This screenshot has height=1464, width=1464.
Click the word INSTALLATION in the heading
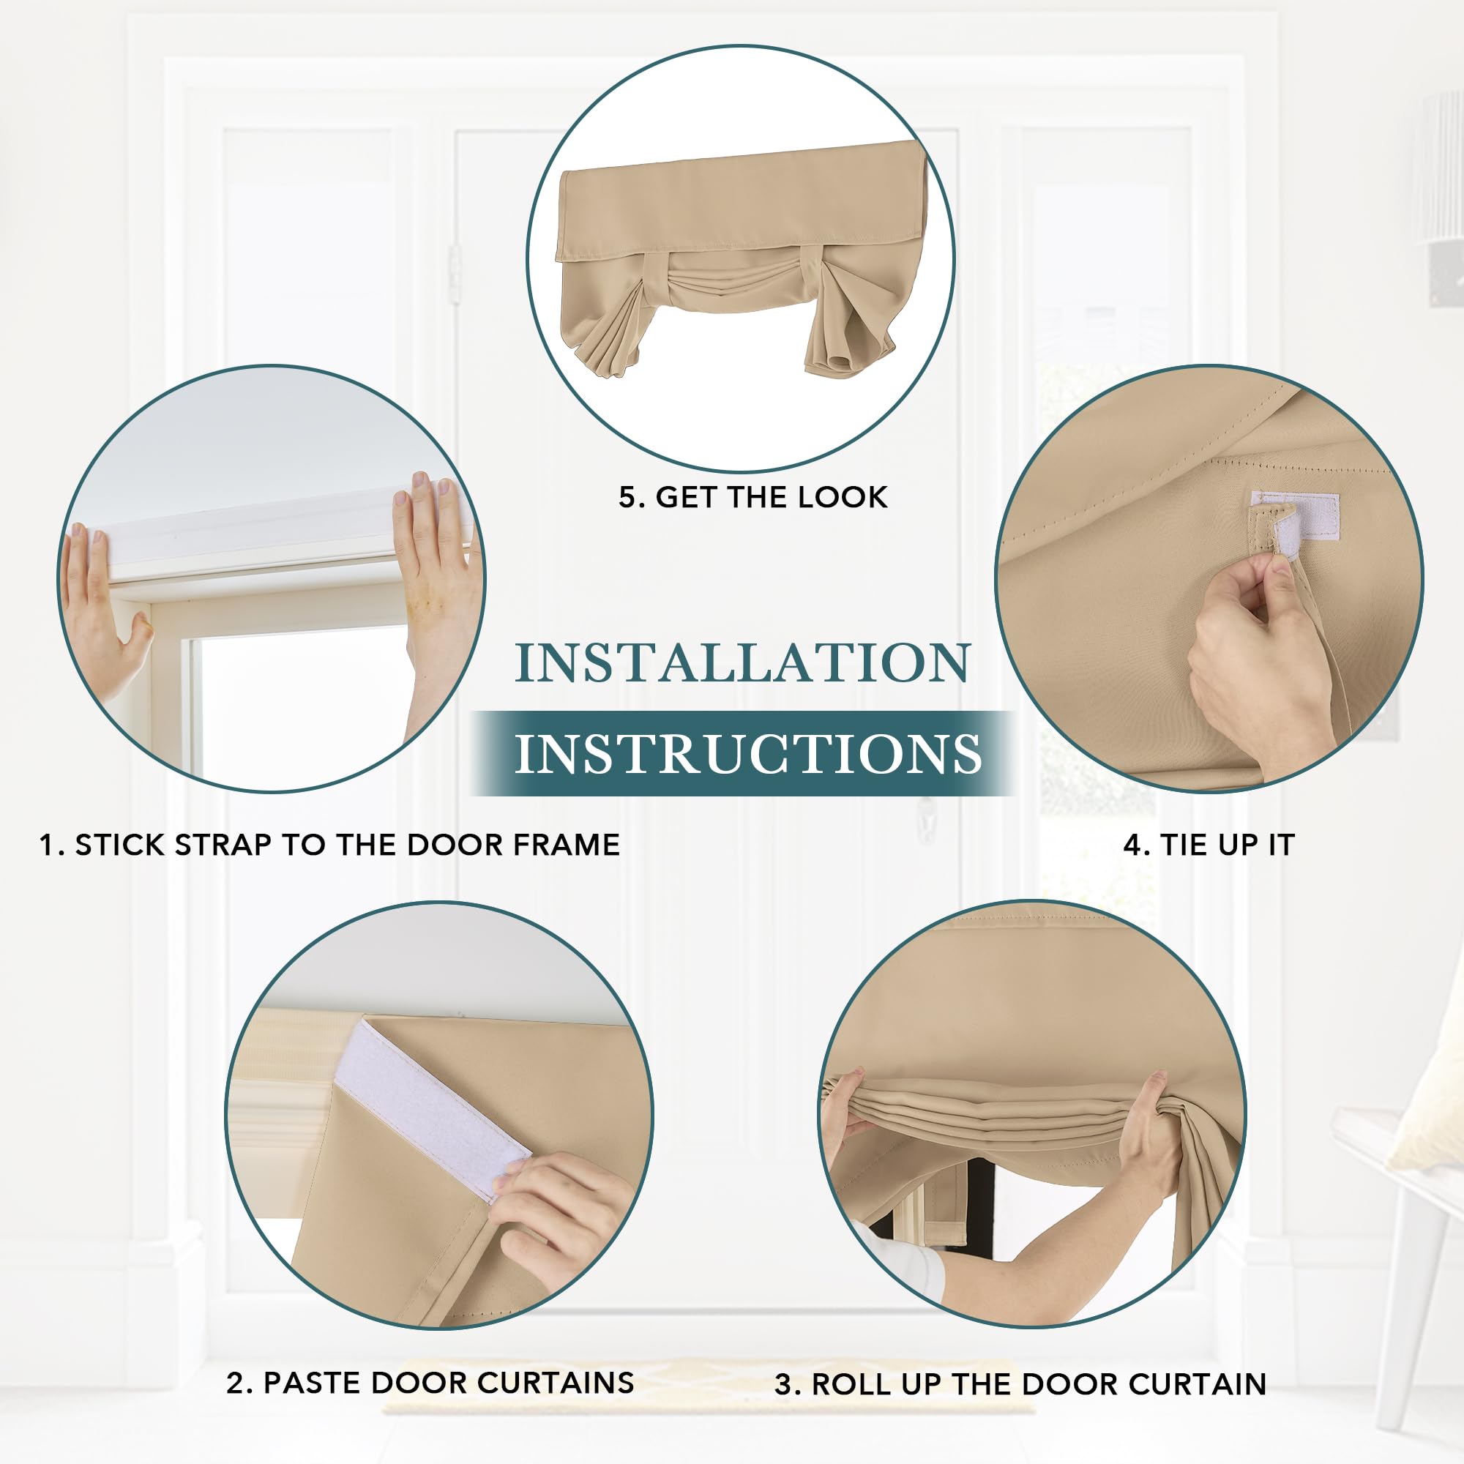(x=742, y=663)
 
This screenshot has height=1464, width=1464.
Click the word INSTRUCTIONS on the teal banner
(x=748, y=753)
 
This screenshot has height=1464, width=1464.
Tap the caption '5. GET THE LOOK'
(x=752, y=497)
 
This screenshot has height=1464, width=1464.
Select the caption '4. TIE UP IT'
(x=1209, y=845)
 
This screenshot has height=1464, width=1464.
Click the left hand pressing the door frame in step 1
(x=102, y=606)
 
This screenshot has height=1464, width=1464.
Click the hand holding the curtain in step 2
(x=561, y=1212)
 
